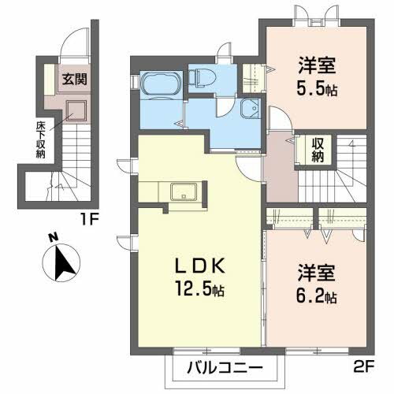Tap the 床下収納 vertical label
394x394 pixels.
coord(39,139)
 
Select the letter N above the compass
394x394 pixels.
coord(52,236)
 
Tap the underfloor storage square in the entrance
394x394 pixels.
coord(76,112)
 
